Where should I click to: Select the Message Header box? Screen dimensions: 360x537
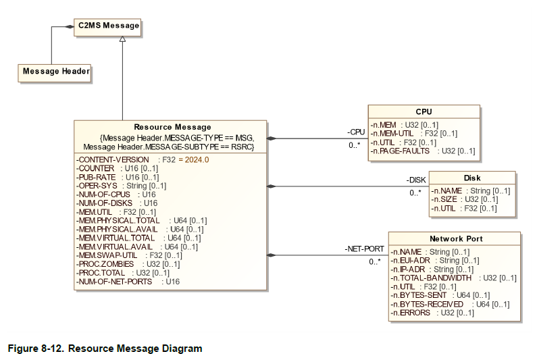tap(55, 71)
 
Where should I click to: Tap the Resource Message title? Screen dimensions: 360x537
tap(172, 127)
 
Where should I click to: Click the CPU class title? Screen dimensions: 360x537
tap(424, 111)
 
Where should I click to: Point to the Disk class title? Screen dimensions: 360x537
tap(472, 178)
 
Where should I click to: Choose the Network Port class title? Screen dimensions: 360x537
tap(456, 238)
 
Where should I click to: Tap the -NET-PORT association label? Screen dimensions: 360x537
tap(364, 249)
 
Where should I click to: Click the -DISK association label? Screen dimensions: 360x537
tap(416, 180)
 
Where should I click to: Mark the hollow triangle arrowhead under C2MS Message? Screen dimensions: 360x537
tap(122, 38)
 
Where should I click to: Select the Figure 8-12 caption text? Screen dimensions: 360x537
tap(105, 349)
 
